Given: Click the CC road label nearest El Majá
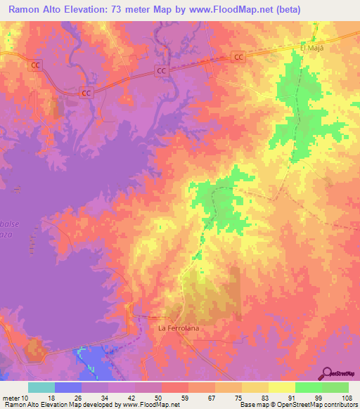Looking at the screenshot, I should [240, 57].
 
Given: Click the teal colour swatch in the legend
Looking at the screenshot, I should [41, 387].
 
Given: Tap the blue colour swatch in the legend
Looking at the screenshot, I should [68, 387].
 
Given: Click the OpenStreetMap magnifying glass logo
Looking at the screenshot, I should [328, 373].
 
